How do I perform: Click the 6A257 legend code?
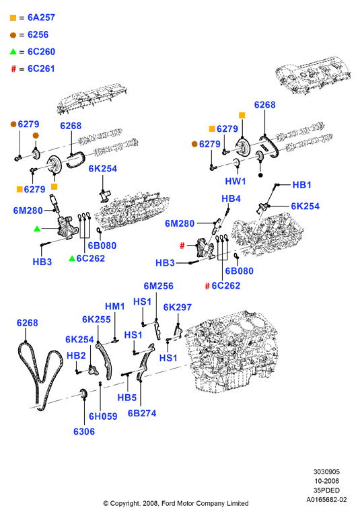pos(41,17)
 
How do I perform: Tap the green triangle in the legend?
pos(13,52)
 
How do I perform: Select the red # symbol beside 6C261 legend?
pos(13,69)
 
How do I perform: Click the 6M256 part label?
pos(158,286)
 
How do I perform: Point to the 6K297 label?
pos(178,307)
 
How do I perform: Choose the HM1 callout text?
pos(114,306)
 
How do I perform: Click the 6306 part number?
pos(84,431)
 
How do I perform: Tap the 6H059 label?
pos(103,416)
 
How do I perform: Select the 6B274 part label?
pos(142,413)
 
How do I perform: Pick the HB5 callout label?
pos(127,398)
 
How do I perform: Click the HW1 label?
pos(236,181)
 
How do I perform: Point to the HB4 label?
pos(231,198)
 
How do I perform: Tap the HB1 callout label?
pos(302,185)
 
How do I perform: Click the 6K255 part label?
pos(96,320)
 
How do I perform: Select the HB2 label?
pos(76,355)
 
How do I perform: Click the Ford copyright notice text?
pos(176,503)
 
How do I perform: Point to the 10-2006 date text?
pos(326,481)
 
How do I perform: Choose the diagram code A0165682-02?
pos(326,499)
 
